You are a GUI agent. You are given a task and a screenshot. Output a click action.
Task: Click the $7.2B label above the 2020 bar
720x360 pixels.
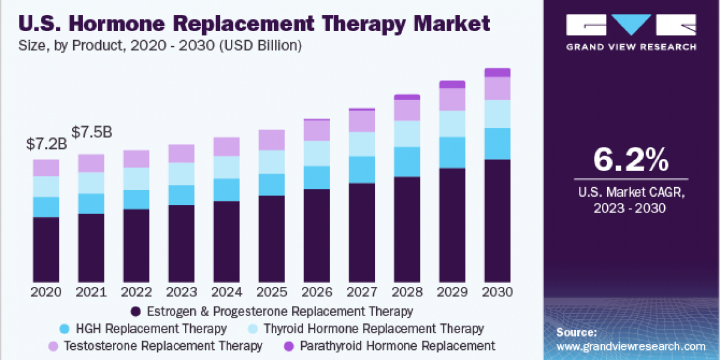tap(46, 144)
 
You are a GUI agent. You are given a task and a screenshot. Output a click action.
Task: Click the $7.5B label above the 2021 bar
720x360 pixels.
tap(91, 131)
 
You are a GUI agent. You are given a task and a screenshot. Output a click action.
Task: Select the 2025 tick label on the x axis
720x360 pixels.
tap(272, 292)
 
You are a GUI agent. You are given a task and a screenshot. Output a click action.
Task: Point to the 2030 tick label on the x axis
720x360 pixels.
tap(497, 292)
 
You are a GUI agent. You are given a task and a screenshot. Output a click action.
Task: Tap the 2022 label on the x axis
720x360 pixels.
tap(136, 292)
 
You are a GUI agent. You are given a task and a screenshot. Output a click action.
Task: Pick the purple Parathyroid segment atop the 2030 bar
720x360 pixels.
tap(497, 73)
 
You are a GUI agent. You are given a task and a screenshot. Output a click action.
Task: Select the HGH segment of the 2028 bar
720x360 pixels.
tap(407, 161)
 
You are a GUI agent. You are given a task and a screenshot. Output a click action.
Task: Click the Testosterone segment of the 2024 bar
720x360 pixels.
tap(226, 146)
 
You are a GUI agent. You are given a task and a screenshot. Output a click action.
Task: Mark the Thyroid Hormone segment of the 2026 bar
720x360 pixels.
tap(316, 153)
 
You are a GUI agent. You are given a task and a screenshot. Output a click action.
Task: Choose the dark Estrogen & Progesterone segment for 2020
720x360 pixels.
tap(46, 249)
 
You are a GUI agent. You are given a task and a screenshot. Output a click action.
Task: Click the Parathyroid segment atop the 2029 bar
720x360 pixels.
tap(452, 85)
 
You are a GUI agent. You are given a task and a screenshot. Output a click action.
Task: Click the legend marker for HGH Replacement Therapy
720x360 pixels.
tap(64, 329)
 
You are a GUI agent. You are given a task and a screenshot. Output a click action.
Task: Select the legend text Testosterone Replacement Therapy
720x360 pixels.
tap(162, 346)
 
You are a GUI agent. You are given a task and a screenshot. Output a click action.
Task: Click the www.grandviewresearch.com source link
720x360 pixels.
tap(631, 346)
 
